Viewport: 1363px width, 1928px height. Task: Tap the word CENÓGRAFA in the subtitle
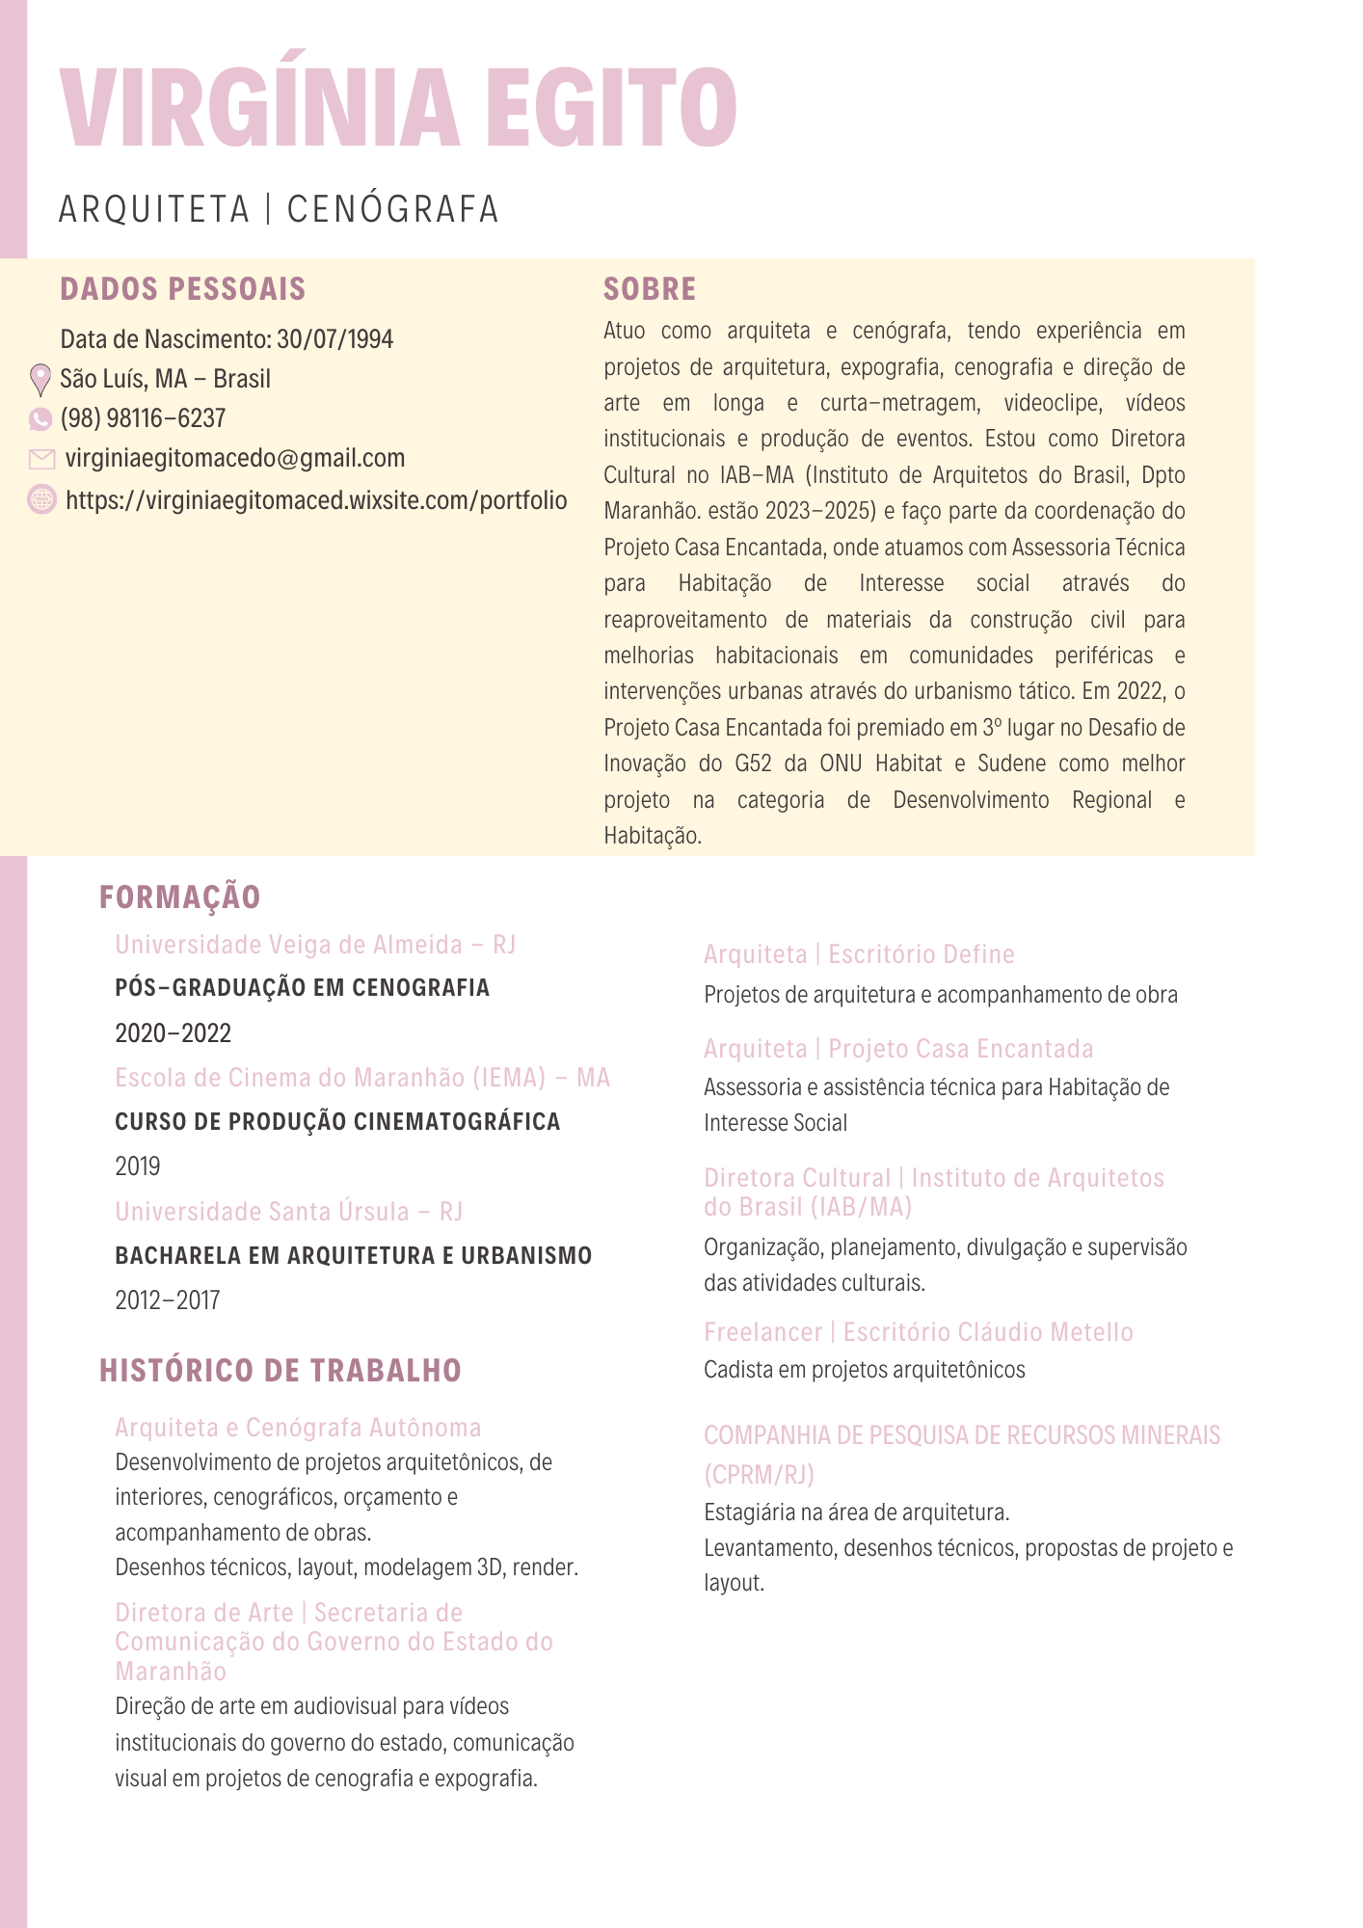[x=393, y=209]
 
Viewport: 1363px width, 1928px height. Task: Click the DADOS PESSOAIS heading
[x=183, y=289]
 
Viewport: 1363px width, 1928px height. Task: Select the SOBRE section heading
[x=650, y=289]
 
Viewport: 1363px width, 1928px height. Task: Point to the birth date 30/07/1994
[x=334, y=339]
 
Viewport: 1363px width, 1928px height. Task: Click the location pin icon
[x=40, y=380]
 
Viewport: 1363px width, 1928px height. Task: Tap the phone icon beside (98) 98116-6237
[x=40, y=419]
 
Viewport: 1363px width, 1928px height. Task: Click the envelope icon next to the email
[x=41, y=459]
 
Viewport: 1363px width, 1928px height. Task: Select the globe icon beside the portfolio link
[x=41, y=499]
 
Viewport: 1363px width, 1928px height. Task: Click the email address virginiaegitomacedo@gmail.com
[x=235, y=459]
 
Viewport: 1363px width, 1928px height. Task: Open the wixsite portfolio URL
[x=316, y=500]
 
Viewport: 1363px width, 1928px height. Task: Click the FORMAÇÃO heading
[x=180, y=897]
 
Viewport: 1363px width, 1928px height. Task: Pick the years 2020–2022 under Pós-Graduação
[x=174, y=1034]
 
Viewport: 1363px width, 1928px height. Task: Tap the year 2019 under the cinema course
[x=138, y=1167]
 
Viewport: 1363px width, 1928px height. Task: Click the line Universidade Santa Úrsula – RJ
[x=289, y=1212]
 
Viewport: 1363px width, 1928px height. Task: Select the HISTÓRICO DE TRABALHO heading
[x=281, y=1371]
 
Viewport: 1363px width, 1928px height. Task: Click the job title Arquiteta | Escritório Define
[x=859, y=955]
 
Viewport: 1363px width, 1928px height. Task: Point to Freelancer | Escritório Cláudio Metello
[x=918, y=1333]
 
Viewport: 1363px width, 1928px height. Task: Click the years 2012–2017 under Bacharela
[x=168, y=1301]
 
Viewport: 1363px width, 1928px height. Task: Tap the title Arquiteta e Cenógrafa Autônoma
[x=298, y=1428]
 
